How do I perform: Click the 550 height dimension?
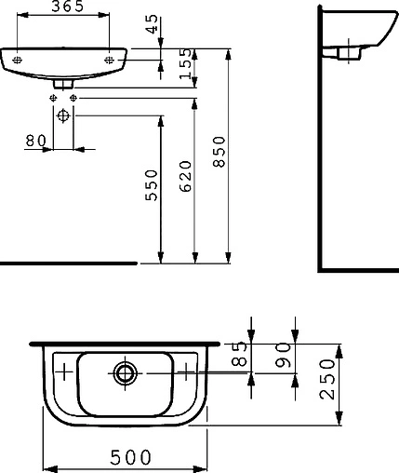153,190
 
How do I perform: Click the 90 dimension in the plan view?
285,356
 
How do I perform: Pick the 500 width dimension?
125,458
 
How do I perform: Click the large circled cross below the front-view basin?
63,116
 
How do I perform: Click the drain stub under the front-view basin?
64,83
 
